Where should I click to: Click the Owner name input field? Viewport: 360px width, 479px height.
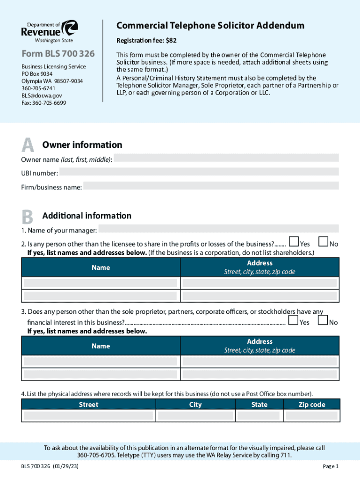[x=226, y=158]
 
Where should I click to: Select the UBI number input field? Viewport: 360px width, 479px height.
[x=199, y=172]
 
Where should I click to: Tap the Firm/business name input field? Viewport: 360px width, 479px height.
[x=211, y=186]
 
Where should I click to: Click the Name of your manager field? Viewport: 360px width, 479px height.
[x=218, y=229]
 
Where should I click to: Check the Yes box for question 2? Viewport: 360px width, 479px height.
[x=294, y=242]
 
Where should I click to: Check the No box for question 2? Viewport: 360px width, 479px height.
[x=324, y=242]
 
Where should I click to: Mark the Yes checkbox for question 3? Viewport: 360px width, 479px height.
[x=294, y=320]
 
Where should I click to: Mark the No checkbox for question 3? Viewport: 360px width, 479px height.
[x=324, y=320]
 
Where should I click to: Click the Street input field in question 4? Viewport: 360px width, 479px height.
[x=88, y=416]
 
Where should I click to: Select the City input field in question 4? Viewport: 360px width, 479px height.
[x=195, y=416]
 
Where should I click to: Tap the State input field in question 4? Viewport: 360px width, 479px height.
[x=259, y=416]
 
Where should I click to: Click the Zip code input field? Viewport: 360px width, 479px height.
[x=311, y=416]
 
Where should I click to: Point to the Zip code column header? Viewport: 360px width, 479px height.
[x=311, y=405]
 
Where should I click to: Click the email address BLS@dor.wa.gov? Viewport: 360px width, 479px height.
[x=42, y=95]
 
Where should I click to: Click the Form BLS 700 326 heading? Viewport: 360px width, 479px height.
[x=58, y=54]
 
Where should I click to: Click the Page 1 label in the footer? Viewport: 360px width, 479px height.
[x=330, y=466]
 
